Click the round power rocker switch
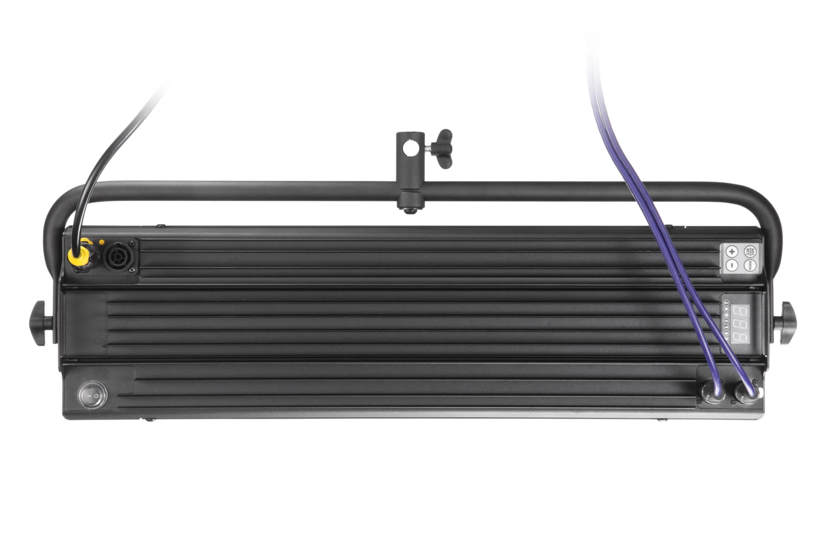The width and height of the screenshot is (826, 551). (92, 395)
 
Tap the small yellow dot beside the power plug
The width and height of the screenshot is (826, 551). (101, 242)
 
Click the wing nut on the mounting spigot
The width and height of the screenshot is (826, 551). (442, 148)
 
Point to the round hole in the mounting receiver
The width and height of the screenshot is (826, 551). (407, 148)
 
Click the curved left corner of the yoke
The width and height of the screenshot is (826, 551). (59, 203)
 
